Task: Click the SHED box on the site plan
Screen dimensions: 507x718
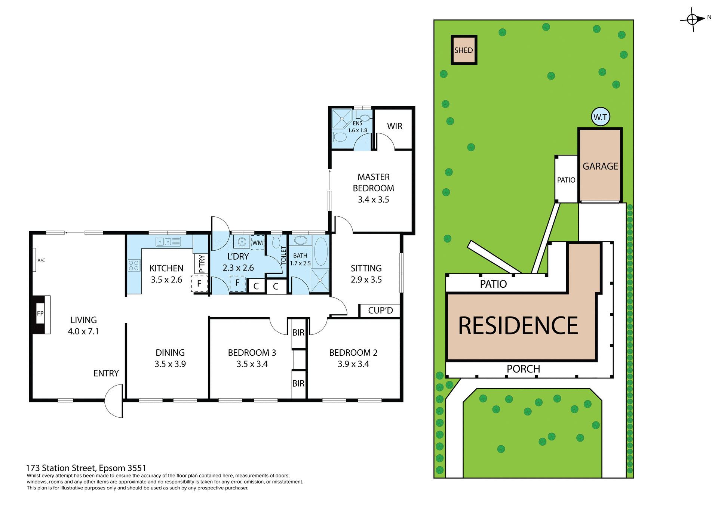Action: (464, 50)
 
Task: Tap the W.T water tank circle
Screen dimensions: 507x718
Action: (600, 117)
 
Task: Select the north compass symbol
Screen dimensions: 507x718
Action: (693, 19)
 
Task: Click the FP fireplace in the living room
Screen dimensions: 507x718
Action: (40, 314)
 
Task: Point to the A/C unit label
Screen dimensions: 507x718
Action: (41, 260)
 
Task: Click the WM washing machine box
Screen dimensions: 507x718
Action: (257, 243)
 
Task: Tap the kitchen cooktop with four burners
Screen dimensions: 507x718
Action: (134, 266)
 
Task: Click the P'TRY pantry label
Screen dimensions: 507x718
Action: (202, 264)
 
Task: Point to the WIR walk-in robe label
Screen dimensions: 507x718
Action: (395, 126)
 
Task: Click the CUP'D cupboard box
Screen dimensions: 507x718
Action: (380, 310)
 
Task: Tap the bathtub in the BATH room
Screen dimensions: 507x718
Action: (321, 251)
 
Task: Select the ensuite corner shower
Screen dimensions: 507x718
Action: (342, 118)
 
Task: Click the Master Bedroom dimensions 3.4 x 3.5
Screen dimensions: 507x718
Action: (373, 200)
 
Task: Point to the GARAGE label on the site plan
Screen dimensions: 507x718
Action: (600, 166)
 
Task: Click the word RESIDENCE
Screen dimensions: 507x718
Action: (518, 326)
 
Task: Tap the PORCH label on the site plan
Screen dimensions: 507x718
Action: (523, 369)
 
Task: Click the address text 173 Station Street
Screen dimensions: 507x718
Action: (86, 468)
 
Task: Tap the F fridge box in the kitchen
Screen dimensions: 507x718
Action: (199, 284)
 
